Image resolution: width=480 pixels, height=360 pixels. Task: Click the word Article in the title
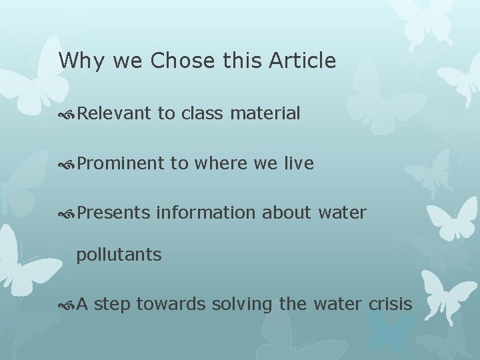303,61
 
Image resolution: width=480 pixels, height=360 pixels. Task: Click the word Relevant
114,114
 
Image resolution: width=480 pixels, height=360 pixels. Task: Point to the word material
265,114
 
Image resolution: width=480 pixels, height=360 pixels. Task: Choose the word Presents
113,213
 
